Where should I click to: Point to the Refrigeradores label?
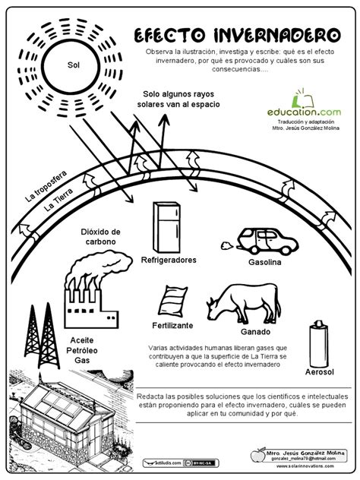click(x=169, y=260)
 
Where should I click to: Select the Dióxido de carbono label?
click(x=100, y=236)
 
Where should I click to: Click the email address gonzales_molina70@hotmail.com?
click(x=295, y=459)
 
